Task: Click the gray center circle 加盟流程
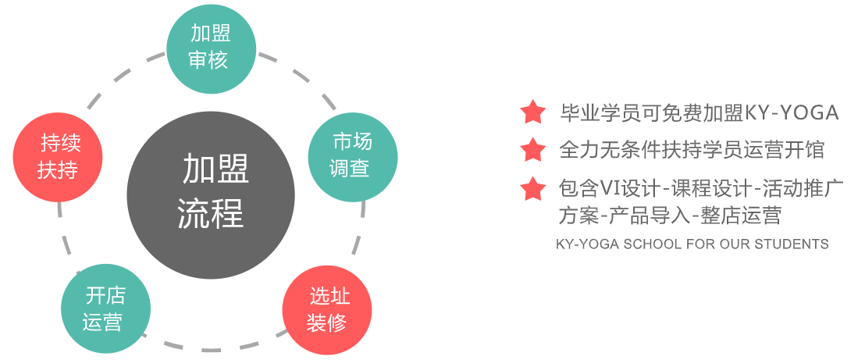click(x=211, y=191)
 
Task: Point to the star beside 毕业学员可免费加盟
click(x=533, y=112)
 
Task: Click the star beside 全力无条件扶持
click(x=533, y=149)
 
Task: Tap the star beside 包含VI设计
click(x=533, y=188)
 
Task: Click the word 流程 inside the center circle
click(x=211, y=212)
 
